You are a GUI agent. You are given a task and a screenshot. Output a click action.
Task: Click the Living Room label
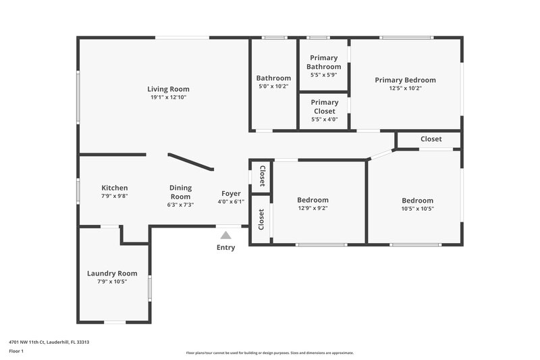tap(168, 88)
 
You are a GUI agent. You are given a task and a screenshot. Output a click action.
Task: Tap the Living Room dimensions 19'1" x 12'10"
tap(168, 97)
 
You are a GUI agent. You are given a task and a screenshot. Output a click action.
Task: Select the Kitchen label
tap(114, 188)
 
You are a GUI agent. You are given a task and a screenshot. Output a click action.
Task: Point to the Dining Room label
tap(180, 192)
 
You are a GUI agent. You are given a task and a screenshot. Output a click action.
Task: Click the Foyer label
tap(231, 193)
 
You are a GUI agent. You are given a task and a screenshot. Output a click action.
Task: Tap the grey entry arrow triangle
tap(225, 235)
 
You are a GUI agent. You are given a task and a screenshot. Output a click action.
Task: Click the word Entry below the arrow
tap(225, 248)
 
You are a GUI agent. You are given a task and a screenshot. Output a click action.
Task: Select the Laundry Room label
tap(112, 274)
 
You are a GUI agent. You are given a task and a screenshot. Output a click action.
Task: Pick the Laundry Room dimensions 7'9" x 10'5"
tap(112, 282)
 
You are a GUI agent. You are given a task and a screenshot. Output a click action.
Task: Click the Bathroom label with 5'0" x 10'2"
tap(273, 78)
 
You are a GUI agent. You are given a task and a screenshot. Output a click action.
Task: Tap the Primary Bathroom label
tap(324, 62)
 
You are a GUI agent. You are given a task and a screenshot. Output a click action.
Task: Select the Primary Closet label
tap(324, 107)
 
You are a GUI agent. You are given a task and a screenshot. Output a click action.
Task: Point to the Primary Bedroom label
tap(405, 80)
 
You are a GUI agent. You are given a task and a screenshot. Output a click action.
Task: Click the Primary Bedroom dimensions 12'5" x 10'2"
tap(405, 88)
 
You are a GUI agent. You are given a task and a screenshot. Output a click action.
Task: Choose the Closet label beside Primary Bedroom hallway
tap(431, 139)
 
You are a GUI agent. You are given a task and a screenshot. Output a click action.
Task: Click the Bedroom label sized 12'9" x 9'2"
tap(313, 200)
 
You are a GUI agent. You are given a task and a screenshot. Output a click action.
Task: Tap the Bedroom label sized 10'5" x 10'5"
tap(417, 201)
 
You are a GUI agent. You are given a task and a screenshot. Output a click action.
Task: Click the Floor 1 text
tap(16, 352)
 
